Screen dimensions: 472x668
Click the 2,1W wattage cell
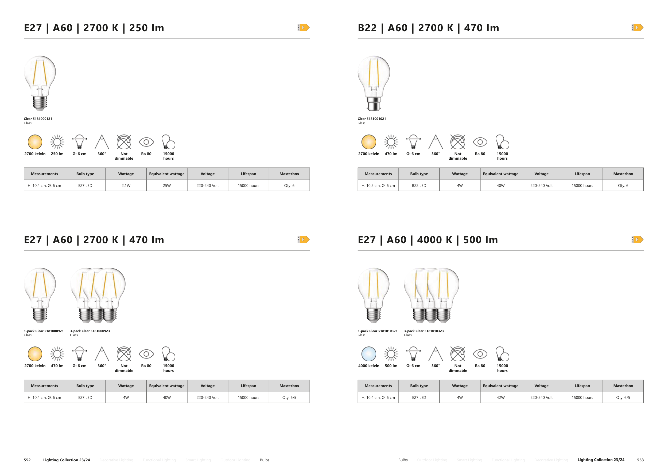(x=126, y=186)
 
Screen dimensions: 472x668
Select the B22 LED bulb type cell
(x=419, y=186)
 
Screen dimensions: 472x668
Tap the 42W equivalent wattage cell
(x=500, y=397)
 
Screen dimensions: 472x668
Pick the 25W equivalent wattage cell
(x=167, y=186)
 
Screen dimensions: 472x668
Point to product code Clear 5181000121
(x=38, y=119)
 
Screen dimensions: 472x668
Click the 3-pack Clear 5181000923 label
(x=90, y=331)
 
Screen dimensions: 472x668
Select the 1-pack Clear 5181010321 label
(x=377, y=331)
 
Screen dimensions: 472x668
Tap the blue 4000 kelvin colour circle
(x=369, y=354)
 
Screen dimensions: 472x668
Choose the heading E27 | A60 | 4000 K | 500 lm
(x=428, y=240)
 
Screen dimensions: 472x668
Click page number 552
(x=27, y=460)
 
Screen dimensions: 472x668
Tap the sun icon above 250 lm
(x=57, y=142)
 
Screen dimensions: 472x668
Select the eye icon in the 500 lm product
(x=480, y=354)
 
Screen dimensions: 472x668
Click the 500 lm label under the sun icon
(x=391, y=366)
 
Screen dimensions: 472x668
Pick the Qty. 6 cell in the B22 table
(x=623, y=186)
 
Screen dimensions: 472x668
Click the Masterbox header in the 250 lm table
(x=289, y=174)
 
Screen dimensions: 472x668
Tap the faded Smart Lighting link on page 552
(x=198, y=460)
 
